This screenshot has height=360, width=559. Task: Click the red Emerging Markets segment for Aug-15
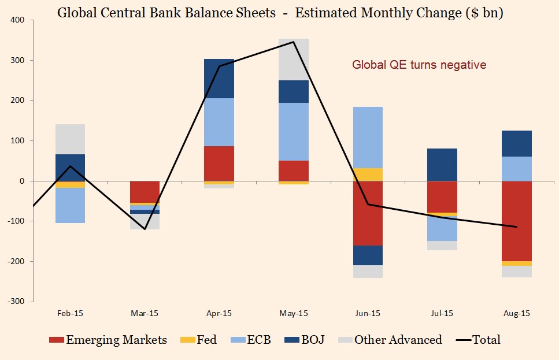517,221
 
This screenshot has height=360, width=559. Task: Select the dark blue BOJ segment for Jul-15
442,165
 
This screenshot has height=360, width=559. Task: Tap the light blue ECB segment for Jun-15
368,137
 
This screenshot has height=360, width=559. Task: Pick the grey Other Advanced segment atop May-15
294,60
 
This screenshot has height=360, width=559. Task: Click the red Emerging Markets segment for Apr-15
219,164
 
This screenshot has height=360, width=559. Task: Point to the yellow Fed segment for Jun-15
368,175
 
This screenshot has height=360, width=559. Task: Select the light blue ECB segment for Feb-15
70,205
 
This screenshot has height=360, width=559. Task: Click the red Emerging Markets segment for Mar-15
145,192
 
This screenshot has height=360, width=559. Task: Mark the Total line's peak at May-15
294,42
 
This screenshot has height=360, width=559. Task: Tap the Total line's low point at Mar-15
145,229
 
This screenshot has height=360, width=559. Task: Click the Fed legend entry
199,340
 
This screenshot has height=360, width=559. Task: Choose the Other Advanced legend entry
390,340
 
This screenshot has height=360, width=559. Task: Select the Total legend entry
478,340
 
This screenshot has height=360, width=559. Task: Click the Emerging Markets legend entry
108,340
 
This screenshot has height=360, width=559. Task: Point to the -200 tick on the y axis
16,261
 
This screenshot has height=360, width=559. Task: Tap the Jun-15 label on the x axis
368,313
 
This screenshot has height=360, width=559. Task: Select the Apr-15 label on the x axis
219,313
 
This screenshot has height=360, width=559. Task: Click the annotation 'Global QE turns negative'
419,65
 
